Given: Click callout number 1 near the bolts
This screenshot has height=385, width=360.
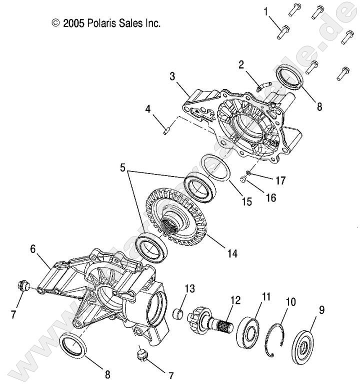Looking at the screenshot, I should coord(265,11).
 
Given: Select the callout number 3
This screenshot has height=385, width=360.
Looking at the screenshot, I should coord(172,76).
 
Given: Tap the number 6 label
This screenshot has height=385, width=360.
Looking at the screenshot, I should coord(33,248).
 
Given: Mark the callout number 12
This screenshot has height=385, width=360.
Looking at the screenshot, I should coord(235,300).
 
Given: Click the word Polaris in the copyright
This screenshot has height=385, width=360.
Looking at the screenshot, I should coord(101,23).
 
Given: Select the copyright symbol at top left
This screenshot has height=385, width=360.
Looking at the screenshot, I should coord(55,23).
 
